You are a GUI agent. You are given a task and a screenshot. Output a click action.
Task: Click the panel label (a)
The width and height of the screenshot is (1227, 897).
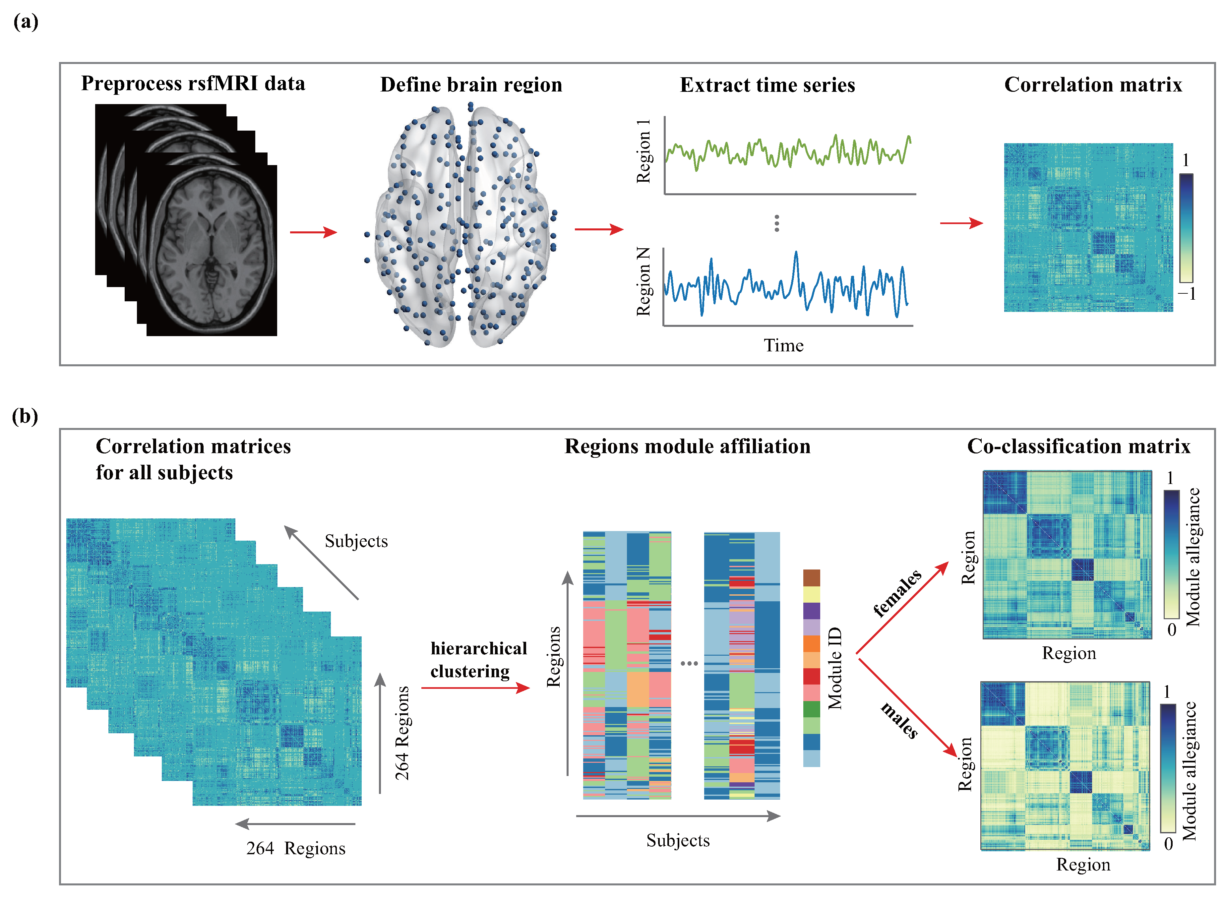(26, 22)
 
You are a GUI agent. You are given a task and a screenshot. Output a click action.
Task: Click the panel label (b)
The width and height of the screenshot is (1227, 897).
(25, 416)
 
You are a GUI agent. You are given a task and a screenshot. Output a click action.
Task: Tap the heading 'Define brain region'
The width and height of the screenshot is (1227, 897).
(471, 85)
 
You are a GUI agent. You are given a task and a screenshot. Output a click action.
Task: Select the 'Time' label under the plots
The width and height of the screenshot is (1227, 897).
(783, 345)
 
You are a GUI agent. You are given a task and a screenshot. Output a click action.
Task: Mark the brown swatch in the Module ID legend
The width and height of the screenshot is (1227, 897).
(811, 578)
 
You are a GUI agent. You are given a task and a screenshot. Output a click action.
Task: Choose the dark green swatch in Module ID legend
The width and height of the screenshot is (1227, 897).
(811, 709)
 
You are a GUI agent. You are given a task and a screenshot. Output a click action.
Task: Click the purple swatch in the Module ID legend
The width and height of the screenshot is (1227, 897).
(811, 611)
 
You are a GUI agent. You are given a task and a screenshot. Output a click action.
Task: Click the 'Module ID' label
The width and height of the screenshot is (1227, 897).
(835, 668)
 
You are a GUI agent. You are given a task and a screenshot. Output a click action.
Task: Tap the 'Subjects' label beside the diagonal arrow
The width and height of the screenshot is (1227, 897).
(356, 541)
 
